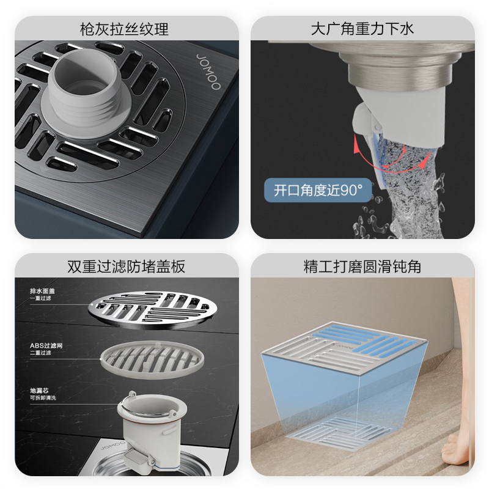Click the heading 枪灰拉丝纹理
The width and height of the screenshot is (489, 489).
(x=124, y=29)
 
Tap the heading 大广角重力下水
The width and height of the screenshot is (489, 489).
(x=362, y=29)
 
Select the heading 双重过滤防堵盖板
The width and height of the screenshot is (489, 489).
(x=127, y=267)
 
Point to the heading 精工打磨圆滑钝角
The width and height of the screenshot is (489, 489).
(x=362, y=267)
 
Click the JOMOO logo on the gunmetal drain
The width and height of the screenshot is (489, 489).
(x=208, y=72)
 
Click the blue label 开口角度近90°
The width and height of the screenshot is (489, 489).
(x=318, y=190)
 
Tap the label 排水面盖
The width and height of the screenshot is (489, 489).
(x=42, y=291)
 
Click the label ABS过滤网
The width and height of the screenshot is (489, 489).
(x=46, y=345)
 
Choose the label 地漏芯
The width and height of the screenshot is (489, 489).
(x=39, y=391)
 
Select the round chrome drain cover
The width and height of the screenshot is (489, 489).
(x=153, y=310)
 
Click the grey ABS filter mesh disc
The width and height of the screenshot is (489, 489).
(x=152, y=359)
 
